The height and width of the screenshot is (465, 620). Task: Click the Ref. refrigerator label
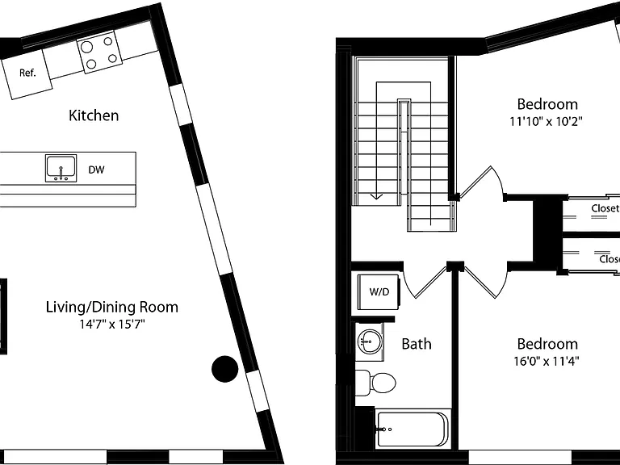click(27, 73)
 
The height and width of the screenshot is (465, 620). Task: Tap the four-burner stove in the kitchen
click(99, 52)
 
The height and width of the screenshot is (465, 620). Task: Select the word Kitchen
click(94, 115)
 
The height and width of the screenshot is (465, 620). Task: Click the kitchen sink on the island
click(61, 169)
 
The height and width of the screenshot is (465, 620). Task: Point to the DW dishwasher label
click(96, 170)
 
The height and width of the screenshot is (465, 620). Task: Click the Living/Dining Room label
click(112, 308)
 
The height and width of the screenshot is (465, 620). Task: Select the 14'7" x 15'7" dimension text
click(112, 325)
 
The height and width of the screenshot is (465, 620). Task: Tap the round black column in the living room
click(225, 369)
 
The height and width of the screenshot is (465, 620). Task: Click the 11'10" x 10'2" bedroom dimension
click(547, 121)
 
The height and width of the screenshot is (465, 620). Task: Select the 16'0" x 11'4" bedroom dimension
click(547, 361)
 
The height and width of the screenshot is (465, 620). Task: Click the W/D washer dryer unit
click(379, 292)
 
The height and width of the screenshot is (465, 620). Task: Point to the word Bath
click(417, 344)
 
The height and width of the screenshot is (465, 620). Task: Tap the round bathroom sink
click(369, 341)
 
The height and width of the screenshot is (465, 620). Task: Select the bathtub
click(413, 429)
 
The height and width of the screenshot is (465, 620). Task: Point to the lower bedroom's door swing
click(486, 282)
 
